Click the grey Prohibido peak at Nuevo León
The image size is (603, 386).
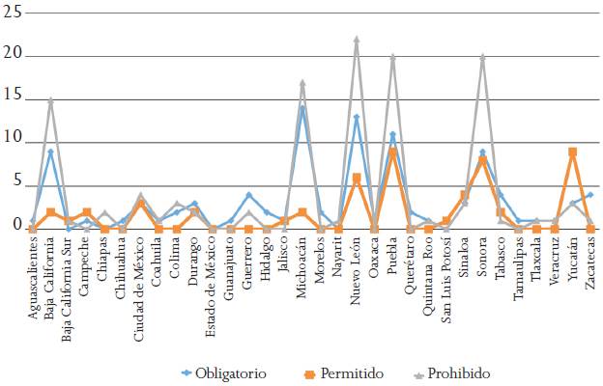(357, 41)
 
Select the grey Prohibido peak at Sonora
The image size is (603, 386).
(482, 57)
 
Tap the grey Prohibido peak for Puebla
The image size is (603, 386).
(392, 57)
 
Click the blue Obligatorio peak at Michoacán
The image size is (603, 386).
(302, 108)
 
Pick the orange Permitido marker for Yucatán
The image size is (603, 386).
(572, 152)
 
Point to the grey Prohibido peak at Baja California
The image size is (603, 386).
(50, 99)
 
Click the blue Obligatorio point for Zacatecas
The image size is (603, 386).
(589, 195)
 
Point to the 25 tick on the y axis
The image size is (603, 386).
(12, 11)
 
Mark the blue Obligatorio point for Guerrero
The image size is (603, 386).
(248, 195)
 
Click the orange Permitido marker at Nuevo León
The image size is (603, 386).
(357, 178)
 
